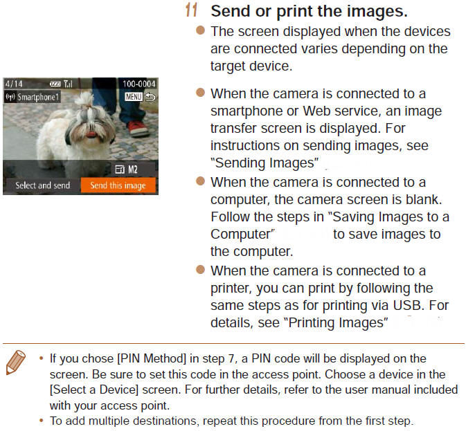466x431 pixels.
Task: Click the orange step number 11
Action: pos(191,10)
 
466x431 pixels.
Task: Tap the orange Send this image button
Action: pos(118,185)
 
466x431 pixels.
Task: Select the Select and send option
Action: pos(42,185)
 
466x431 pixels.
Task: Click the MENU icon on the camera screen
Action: pos(134,97)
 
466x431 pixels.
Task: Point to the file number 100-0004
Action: pos(138,84)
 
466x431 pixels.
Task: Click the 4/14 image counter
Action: pos(14,84)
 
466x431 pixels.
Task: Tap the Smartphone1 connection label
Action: pos(33,97)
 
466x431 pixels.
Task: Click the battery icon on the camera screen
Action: pos(55,84)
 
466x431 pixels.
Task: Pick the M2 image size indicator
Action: pos(132,169)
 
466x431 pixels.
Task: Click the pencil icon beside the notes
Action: pos(15,362)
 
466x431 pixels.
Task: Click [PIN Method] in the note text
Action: pos(152,358)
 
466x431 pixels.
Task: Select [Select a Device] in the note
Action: pos(94,389)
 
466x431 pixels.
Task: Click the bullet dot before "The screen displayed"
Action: pos(201,30)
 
